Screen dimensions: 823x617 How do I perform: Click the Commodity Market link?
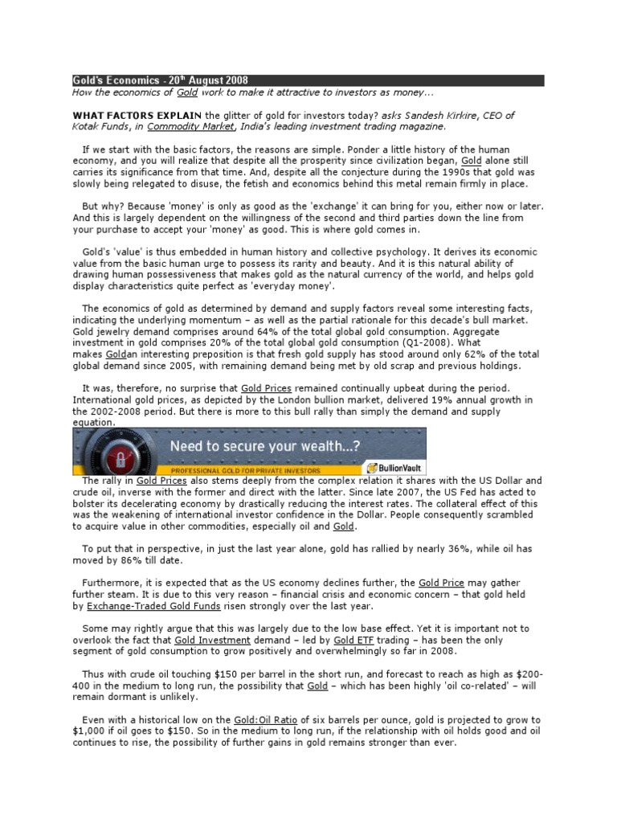point(191,127)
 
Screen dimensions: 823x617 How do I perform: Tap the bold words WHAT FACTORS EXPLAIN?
point(137,116)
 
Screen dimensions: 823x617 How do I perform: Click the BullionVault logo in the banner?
point(394,467)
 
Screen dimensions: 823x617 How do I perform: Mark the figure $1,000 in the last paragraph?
point(90,731)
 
